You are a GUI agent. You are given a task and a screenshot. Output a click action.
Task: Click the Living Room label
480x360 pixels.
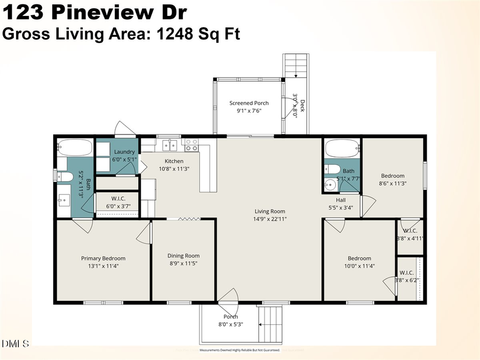point(269,211)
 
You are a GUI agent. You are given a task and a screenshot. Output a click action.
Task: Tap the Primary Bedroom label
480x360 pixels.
point(103,258)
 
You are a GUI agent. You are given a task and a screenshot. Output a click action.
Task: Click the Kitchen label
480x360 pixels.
point(174,161)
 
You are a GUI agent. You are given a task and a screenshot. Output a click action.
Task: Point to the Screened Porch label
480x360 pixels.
point(249,103)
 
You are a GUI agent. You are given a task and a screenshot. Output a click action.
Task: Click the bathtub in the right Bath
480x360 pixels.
point(341,148)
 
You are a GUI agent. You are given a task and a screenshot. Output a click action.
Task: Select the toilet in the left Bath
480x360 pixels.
point(66,177)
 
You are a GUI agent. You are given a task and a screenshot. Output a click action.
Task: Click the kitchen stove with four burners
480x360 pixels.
point(191,145)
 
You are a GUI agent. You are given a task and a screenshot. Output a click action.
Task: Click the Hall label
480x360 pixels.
point(341,200)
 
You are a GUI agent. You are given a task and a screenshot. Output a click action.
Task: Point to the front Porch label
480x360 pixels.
point(230,316)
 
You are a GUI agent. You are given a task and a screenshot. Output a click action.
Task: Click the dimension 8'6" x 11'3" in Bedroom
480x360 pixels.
point(392,183)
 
